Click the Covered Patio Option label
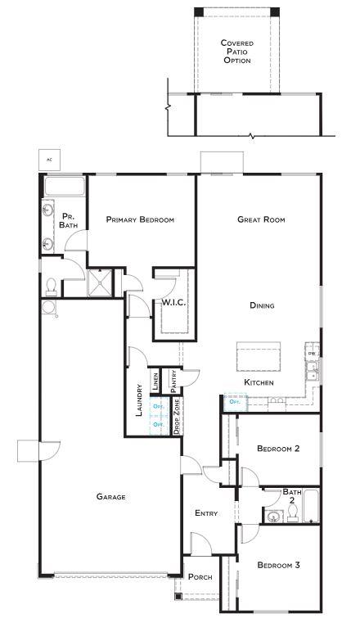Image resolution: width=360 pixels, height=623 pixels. (x=237, y=52)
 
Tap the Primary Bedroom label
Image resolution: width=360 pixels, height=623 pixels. (x=140, y=219)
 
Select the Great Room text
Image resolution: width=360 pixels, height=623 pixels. (x=261, y=219)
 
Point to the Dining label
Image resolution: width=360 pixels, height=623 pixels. (x=262, y=305)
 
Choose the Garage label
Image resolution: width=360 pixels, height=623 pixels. (x=110, y=496)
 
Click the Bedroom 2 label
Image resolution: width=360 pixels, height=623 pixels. (x=278, y=449)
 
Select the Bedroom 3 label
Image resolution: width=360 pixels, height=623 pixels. (x=278, y=565)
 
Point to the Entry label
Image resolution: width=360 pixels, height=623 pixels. (x=206, y=513)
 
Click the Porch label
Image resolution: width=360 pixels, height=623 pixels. (x=200, y=577)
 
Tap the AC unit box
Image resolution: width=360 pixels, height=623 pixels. (x=49, y=159)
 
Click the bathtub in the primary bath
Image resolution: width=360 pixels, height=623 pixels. (x=64, y=187)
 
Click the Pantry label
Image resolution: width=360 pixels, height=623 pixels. (x=173, y=380)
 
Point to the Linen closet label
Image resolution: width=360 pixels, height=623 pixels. (x=155, y=381)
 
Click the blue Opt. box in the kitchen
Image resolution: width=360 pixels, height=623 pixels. (x=235, y=402)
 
